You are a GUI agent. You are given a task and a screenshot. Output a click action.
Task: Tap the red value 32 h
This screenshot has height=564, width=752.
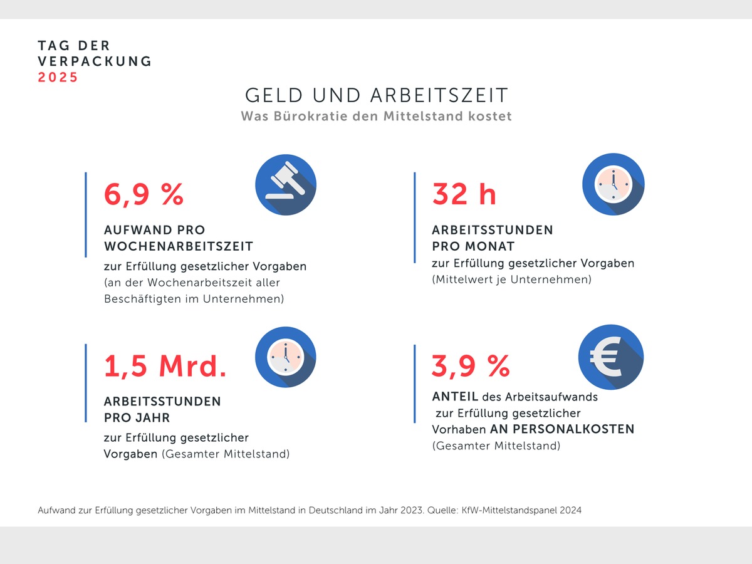[x=464, y=194]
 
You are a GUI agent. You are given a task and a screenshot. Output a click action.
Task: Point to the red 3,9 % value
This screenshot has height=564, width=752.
[x=471, y=365]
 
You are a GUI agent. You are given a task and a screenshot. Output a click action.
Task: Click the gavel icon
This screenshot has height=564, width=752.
[x=285, y=185]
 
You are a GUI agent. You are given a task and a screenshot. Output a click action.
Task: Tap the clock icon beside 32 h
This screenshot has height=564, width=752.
[x=613, y=184]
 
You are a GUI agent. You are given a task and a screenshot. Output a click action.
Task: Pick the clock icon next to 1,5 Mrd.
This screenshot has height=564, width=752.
[x=285, y=357]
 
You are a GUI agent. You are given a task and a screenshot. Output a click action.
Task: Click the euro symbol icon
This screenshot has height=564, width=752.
[x=609, y=357]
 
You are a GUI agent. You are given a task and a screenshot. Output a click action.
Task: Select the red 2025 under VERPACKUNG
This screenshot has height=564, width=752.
[x=58, y=78]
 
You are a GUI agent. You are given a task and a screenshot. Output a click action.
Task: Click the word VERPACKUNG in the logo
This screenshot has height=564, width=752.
[x=95, y=61]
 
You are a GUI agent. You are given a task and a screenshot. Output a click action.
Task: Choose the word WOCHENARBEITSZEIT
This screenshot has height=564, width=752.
[x=178, y=246]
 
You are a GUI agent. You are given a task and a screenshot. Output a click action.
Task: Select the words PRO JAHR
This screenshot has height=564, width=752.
[x=137, y=417]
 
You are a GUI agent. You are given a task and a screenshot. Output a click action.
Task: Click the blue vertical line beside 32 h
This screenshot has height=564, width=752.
[x=414, y=217]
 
